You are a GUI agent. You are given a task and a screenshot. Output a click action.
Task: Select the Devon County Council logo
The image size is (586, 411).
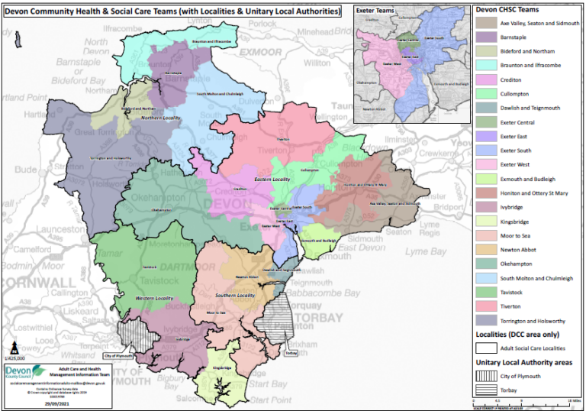pos(23,375)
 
